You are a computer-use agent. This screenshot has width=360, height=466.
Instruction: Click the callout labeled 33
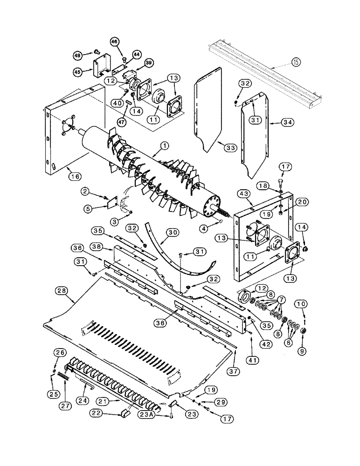(x=229, y=147)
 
